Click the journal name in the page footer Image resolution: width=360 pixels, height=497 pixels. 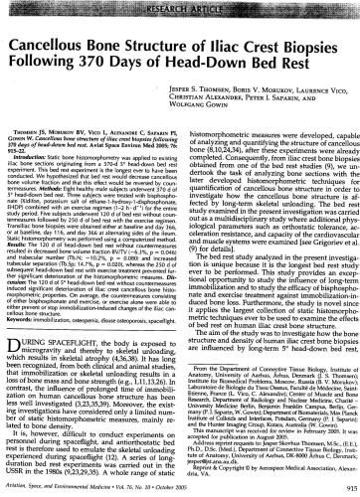[99, 485]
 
